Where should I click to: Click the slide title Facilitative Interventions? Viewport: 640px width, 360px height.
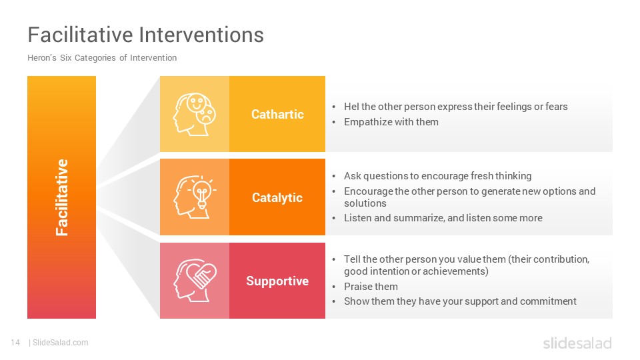point(146,34)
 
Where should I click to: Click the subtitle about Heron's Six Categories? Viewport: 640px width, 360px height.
point(102,58)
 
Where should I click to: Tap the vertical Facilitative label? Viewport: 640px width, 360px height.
point(61,197)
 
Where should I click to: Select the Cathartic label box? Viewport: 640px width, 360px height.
point(277,114)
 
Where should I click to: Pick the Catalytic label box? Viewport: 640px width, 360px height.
point(277,197)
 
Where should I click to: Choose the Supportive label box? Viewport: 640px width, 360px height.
point(277,281)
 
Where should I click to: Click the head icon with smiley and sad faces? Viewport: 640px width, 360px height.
point(194,114)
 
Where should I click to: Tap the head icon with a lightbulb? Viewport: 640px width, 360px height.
point(194,197)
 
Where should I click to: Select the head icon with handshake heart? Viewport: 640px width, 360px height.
point(194,281)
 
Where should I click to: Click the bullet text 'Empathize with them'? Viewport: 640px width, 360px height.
point(391,122)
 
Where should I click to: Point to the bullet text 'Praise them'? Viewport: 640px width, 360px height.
point(371,287)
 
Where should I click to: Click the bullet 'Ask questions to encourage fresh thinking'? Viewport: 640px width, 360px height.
point(437,176)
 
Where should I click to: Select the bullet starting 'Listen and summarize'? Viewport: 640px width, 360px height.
point(443,218)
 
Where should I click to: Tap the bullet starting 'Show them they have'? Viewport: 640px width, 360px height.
point(460,301)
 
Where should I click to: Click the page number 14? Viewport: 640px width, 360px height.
point(15,343)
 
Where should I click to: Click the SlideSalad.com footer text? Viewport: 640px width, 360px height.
point(61,343)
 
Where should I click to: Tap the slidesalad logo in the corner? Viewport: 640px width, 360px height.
point(577,343)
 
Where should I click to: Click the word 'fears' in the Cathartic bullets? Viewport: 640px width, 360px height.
point(556,107)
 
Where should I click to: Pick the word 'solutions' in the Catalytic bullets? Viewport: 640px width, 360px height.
point(365,203)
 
